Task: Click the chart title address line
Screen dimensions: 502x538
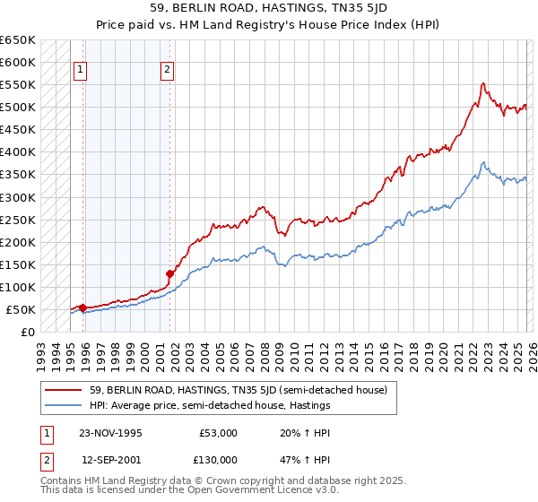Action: [269, 8]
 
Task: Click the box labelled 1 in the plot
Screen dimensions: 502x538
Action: [81, 71]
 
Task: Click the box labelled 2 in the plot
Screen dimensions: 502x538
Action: [168, 71]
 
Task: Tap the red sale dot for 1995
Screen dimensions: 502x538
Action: [83, 307]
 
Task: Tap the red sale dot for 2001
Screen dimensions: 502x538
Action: [169, 273]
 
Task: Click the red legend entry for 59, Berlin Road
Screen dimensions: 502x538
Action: [238, 390]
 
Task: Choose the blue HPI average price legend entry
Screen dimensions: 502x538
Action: [210, 405]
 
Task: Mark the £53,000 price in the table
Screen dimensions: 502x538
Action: [218, 432]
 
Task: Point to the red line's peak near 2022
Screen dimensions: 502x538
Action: [483, 83]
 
